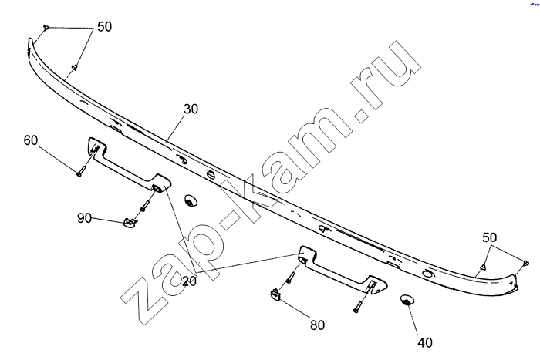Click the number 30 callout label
[x=191, y=109]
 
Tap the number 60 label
[x=31, y=140]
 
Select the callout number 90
[x=85, y=218]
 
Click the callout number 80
[x=316, y=325]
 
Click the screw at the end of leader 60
[x=79, y=173]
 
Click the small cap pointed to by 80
[x=275, y=293]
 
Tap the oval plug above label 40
[x=405, y=300]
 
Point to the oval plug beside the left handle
[x=190, y=201]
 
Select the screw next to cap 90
[x=144, y=207]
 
